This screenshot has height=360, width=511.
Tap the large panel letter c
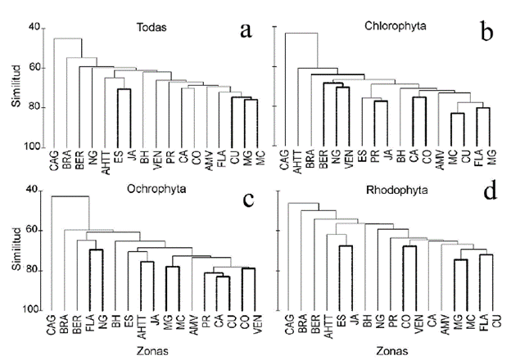(243, 201)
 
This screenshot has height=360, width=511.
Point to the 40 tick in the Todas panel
(34, 28)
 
